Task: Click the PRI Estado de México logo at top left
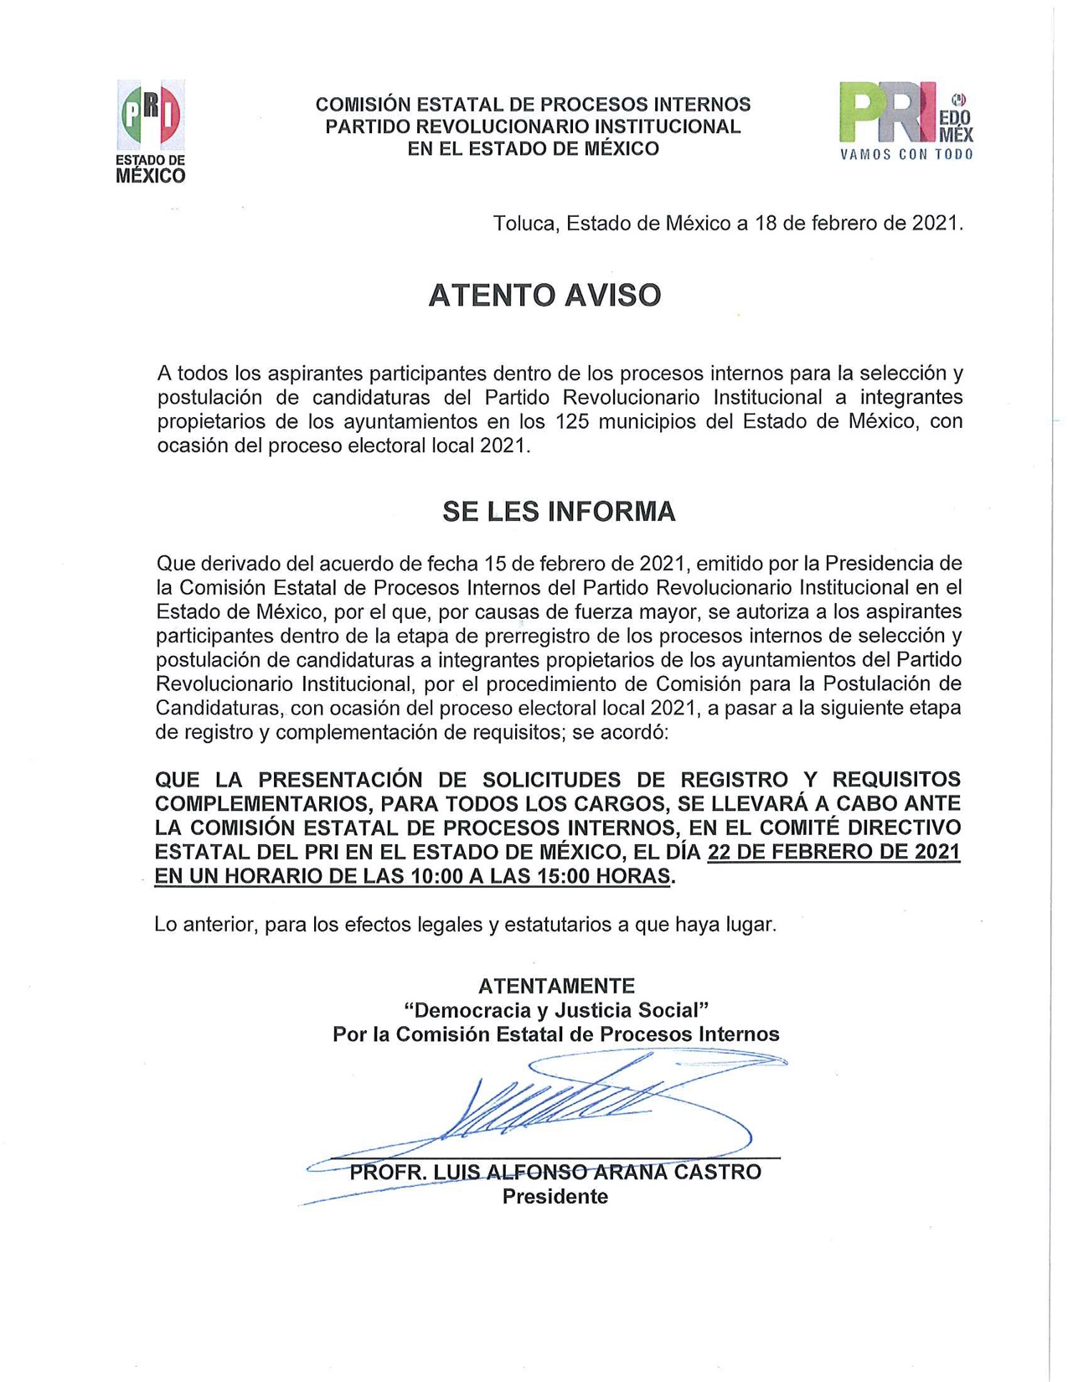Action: coord(151,131)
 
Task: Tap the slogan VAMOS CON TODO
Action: coord(906,155)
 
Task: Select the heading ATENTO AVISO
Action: coord(544,295)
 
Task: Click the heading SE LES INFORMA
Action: coord(558,512)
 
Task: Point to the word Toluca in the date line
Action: coord(525,224)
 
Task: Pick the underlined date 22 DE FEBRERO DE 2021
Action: coord(833,853)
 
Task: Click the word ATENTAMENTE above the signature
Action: coord(556,986)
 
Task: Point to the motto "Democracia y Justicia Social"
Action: coord(556,1010)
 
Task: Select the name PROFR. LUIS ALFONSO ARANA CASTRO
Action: coord(555,1172)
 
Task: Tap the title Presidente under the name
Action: coord(555,1197)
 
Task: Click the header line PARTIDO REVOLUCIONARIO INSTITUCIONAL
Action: coord(533,126)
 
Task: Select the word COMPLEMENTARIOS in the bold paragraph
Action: coord(262,804)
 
